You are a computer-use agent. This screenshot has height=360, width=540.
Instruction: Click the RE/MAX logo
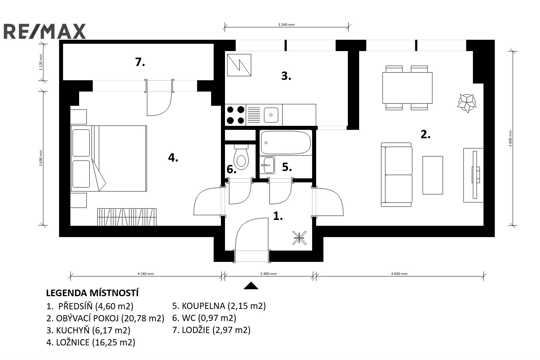click(x=45, y=31)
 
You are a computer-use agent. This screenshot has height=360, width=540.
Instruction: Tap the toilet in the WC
click(x=241, y=157)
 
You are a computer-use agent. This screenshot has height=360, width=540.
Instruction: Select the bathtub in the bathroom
click(x=286, y=143)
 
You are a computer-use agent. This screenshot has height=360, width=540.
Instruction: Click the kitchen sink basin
click(x=271, y=115)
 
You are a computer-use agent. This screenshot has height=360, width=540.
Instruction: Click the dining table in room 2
click(x=407, y=88)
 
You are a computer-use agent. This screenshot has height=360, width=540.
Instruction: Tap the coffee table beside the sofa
click(x=433, y=175)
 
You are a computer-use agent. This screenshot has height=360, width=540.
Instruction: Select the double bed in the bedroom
click(x=109, y=158)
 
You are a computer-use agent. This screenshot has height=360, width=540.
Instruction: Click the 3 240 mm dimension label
click(x=286, y=24)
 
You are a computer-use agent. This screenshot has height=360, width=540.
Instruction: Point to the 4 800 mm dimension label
click(x=510, y=138)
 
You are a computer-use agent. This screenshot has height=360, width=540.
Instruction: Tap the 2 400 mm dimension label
click(x=268, y=274)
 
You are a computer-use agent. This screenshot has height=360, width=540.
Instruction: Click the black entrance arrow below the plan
click(x=251, y=286)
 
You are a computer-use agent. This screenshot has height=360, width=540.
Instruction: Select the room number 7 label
click(x=140, y=62)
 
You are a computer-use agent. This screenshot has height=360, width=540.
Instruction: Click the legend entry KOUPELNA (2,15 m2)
click(x=219, y=306)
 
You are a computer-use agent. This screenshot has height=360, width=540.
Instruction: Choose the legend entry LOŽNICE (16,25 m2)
click(x=91, y=342)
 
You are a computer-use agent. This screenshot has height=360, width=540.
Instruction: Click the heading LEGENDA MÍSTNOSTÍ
click(x=92, y=293)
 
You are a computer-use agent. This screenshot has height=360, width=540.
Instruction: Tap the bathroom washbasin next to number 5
click(x=267, y=165)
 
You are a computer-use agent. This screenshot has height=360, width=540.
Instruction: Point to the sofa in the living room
click(x=397, y=175)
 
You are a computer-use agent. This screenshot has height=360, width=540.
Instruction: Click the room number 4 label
click(x=173, y=158)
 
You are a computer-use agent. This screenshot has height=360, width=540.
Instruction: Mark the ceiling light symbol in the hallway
click(x=299, y=238)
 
